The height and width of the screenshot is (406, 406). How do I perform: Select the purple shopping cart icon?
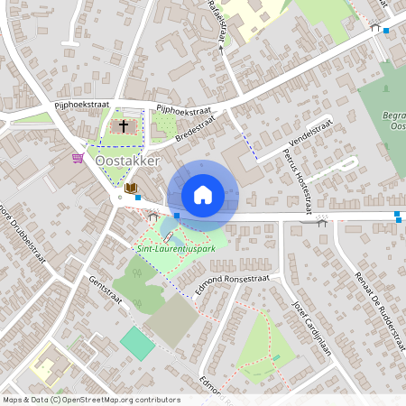(x=78, y=159)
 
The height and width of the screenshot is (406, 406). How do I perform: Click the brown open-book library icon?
(x=131, y=189)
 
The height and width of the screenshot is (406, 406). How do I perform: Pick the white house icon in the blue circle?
(x=203, y=195)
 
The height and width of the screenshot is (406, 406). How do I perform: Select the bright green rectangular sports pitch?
(x=137, y=343)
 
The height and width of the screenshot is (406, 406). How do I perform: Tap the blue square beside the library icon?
(x=138, y=196)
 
